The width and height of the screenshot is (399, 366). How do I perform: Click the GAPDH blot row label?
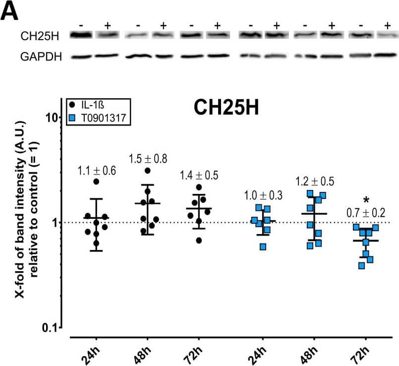41,57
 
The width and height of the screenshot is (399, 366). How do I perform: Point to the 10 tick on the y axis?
52,117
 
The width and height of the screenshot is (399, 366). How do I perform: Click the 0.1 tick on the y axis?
50,328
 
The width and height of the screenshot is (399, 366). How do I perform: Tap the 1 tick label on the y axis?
56,222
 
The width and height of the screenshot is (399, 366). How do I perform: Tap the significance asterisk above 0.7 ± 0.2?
366,200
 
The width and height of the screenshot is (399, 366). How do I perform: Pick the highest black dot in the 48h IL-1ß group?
148,171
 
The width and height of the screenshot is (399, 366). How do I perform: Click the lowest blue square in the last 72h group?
362,266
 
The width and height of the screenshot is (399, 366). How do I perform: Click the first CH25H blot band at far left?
81,35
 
